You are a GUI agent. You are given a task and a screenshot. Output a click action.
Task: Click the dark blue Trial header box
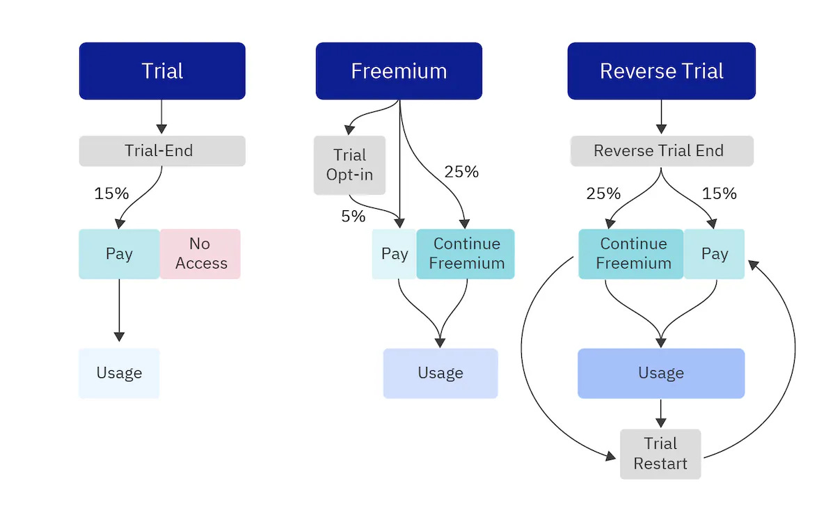click(162, 71)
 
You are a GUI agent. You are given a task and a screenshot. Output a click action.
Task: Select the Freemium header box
click(399, 71)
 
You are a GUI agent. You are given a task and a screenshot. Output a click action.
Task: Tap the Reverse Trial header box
click(661, 71)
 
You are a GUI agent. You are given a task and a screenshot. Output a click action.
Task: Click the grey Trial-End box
click(162, 151)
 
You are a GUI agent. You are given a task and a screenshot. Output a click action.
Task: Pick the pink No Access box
click(200, 254)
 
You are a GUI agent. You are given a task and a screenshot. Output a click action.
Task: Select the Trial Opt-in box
click(349, 165)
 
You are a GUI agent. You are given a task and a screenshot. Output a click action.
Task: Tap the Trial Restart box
click(660, 454)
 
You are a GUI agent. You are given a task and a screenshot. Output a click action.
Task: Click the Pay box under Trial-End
click(119, 254)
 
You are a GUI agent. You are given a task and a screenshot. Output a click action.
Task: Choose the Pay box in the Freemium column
click(395, 254)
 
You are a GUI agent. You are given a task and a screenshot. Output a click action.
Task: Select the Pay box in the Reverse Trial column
click(714, 254)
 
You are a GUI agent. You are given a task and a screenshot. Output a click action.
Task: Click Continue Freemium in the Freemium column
click(466, 254)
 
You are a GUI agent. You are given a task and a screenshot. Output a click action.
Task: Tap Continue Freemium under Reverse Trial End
click(632, 254)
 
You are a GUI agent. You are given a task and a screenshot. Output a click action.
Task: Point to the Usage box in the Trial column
click(119, 373)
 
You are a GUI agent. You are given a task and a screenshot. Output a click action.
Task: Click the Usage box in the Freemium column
click(440, 373)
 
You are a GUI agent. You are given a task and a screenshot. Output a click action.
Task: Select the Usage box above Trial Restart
click(661, 373)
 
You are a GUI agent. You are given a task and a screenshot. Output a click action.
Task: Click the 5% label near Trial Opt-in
click(353, 216)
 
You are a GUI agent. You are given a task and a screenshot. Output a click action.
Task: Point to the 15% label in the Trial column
click(111, 193)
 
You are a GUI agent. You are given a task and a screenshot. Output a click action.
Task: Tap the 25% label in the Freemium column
click(461, 172)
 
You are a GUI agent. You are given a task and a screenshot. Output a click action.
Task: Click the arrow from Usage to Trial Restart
click(661, 413)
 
